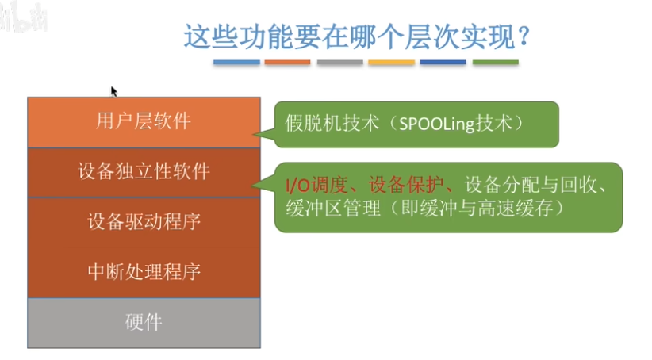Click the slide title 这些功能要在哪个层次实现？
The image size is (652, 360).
(x=357, y=36)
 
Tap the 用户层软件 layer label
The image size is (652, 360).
(x=144, y=121)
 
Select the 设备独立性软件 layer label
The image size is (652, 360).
(x=144, y=171)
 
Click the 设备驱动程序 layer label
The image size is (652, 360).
(x=144, y=221)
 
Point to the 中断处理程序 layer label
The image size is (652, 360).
(x=144, y=272)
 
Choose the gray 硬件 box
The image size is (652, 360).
(x=144, y=322)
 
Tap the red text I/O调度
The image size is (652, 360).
(x=316, y=186)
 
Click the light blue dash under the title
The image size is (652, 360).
(x=236, y=62)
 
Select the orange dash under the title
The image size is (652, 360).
(x=287, y=62)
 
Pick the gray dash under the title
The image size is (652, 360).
(x=339, y=62)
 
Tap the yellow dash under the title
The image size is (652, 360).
(x=392, y=62)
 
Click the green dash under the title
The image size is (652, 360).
(x=495, y=62)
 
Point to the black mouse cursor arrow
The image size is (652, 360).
(x=114, y=91)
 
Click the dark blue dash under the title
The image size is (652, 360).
(x=443, y=62)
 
